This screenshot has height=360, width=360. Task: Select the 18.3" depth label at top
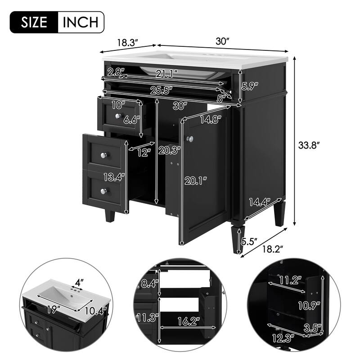click(x=127, y=43)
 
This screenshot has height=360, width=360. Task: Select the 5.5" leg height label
click(x=249, y=241)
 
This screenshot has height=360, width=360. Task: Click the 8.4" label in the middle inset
click(x=148, y=283)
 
